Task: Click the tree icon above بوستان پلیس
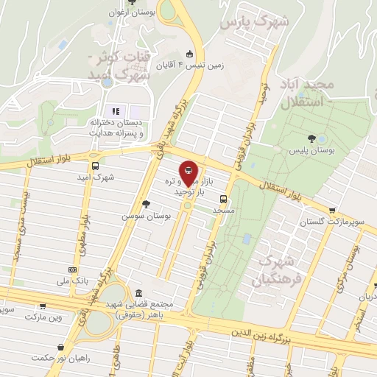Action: coord(312,138)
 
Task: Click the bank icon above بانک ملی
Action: coord(71,270)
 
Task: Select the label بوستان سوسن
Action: coord(147,216)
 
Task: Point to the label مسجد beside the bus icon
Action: coord(222,210)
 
